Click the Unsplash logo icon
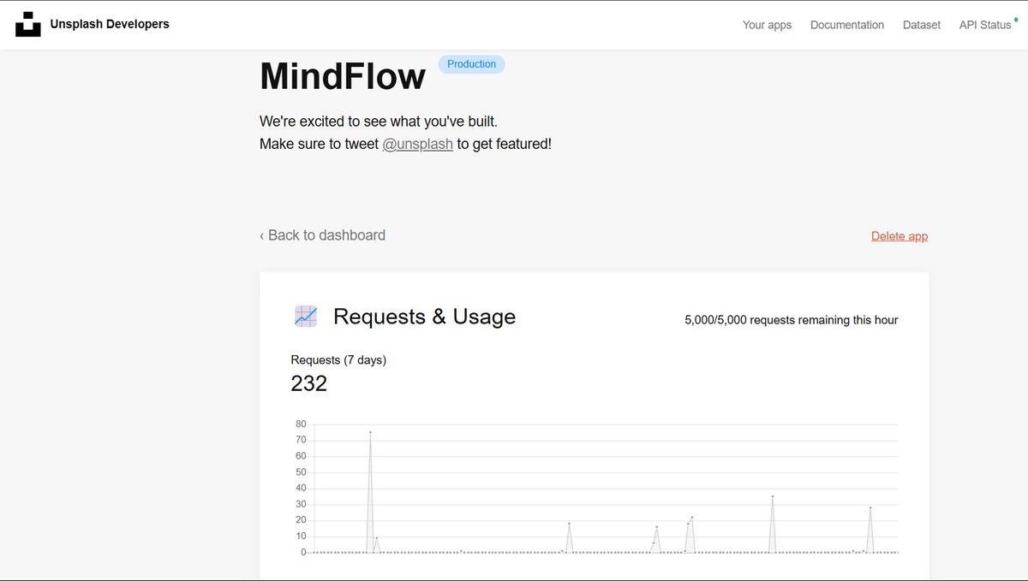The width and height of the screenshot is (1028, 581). point(28,25)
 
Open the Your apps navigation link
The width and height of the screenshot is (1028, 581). point(767,25)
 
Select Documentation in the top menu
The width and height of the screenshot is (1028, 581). point(846,25)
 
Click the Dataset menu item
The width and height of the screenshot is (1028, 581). point(921,25)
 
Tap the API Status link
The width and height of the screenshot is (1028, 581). point(984,25)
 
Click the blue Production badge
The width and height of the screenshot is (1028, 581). point(471,64)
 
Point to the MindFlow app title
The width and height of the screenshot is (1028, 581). point(342,77)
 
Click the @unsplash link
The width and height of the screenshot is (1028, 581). point(417,144)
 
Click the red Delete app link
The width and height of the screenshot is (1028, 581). point(899,236)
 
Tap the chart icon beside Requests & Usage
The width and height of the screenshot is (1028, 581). point(305,317)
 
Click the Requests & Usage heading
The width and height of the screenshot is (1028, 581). point(424,317)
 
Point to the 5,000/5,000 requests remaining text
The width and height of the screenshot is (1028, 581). point(791,320)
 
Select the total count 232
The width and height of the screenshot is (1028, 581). point(309,383)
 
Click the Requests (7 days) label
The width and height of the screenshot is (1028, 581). point(338,360)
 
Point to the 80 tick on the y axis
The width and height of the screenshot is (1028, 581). point(301,424)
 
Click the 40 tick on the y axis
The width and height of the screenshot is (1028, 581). point(301,489)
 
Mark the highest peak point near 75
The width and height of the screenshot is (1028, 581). point(370,432)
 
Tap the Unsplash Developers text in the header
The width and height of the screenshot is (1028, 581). point(110,24)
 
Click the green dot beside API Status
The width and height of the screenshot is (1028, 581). point(1016,18)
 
